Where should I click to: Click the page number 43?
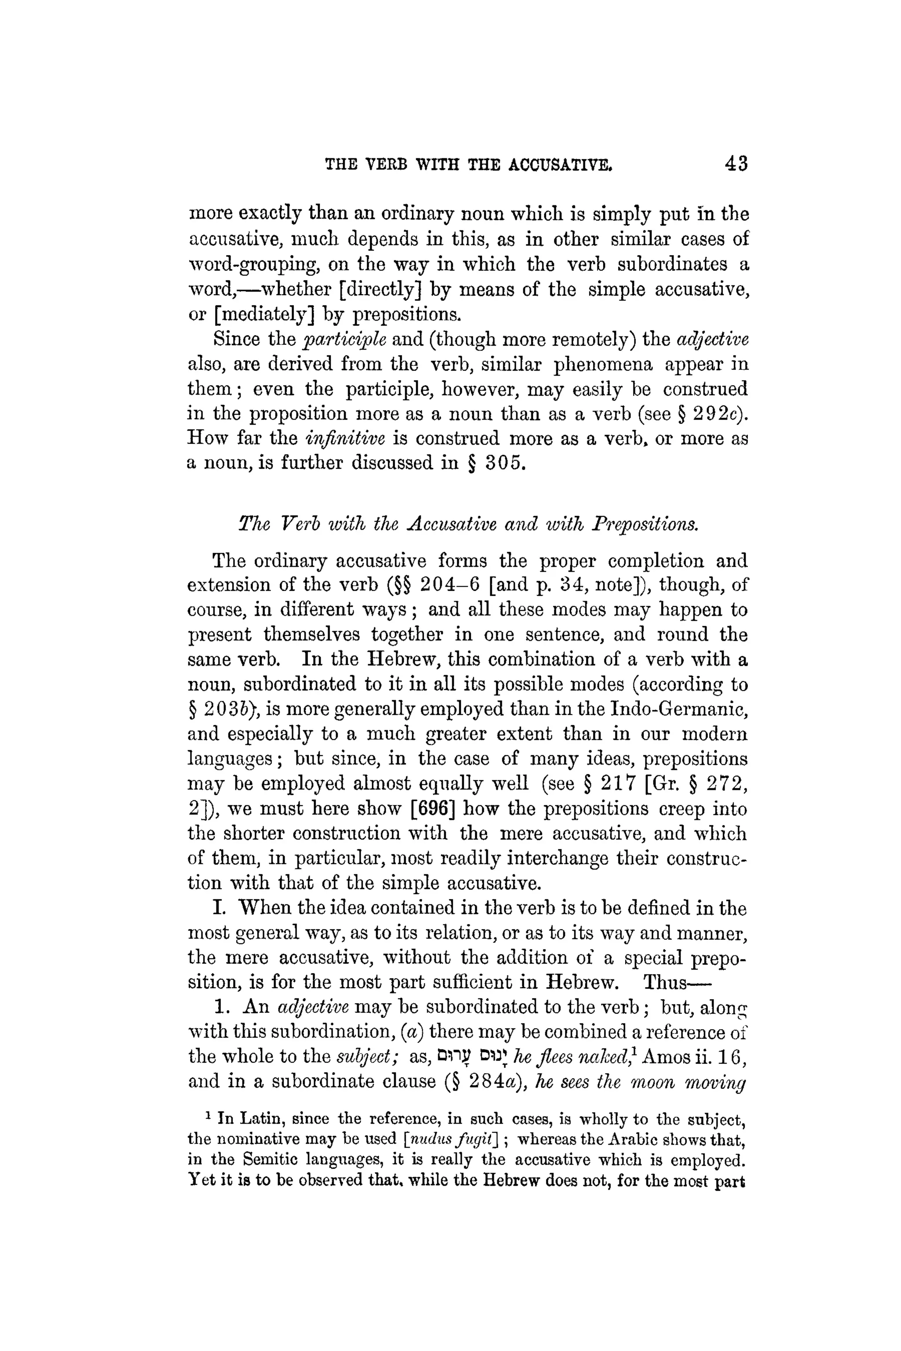736,164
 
